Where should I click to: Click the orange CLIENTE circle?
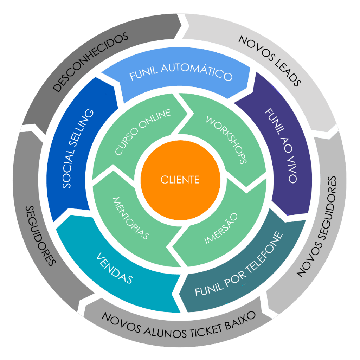point(180,180)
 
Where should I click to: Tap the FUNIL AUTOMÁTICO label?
point(181,72)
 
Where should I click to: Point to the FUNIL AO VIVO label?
point(281,145)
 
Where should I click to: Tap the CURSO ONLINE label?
point(143,131)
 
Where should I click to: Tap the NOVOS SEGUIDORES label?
point(317,227)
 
